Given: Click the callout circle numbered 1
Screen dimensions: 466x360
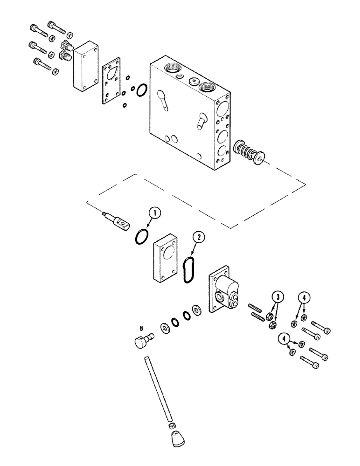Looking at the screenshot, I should [x=155, y=213].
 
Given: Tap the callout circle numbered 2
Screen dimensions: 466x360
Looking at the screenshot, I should [x=199, y=237].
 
